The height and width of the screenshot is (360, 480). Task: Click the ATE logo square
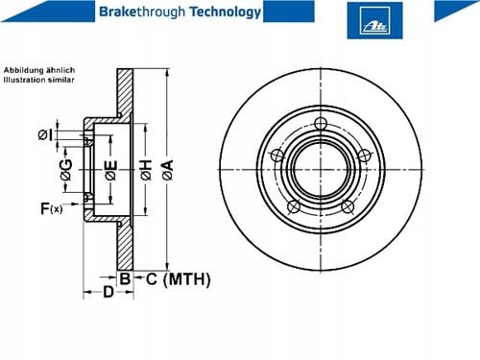[x=374, y=20]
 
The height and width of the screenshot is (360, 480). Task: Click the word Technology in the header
[x=226, y=12]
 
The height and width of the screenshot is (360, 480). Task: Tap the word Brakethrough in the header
[x=142, y=12]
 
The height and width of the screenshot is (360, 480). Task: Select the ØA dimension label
[x=168, y=170]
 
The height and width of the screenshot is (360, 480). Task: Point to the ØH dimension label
[x=146, y=170]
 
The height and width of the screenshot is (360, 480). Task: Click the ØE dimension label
[x=111, y=170]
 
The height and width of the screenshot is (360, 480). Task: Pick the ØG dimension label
[x=66, y=170]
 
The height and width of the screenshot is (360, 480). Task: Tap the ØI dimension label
[x=45, y=134]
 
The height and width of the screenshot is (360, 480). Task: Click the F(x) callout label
[x=51, y=208]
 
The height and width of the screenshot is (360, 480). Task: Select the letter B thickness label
[x=125, y=278]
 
